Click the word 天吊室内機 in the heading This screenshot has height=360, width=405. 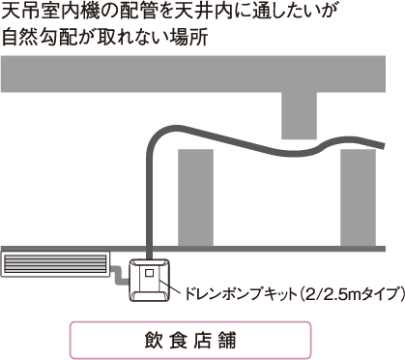pos(49,14)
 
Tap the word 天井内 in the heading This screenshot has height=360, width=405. pos(200,14)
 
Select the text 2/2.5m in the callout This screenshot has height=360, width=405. pos(333,291)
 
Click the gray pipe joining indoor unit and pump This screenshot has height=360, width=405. pos(119,278)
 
